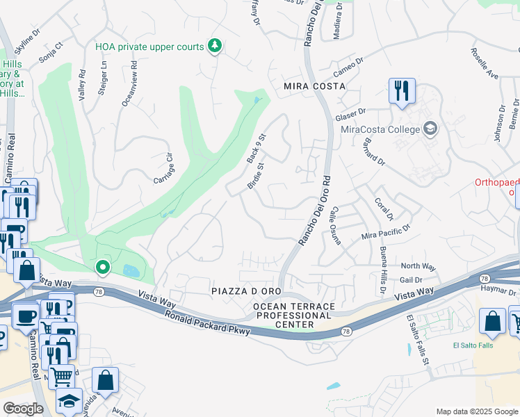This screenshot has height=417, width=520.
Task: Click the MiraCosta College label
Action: click(x=380, y=129)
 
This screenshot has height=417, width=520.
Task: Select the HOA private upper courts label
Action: click(x=149, y=47)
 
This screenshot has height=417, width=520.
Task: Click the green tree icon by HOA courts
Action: click(x=215, y=47)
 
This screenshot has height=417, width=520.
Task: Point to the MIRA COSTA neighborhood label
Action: click(x=314, y=86)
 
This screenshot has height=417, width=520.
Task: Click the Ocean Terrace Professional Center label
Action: click(x=293, y=316)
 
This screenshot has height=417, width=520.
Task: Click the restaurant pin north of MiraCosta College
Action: click(x=402, y=90)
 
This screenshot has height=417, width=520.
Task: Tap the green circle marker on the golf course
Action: click(x=102, y=267)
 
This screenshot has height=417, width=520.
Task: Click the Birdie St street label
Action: click(x=255, y=177)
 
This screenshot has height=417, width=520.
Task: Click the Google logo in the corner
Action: click(x=23, y=409)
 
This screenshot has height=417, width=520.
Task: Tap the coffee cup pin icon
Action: click(x=26, y=314)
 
